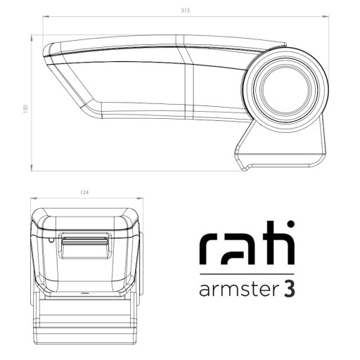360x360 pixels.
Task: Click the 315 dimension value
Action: click(186, 11)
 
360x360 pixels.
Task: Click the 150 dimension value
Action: click(25, 108)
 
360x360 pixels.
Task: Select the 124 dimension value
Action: click(84, 193)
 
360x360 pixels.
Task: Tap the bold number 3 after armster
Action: click(290, 290)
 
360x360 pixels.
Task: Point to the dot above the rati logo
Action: click(290, 224)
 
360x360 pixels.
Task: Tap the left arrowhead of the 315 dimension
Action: click(46, 17)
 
